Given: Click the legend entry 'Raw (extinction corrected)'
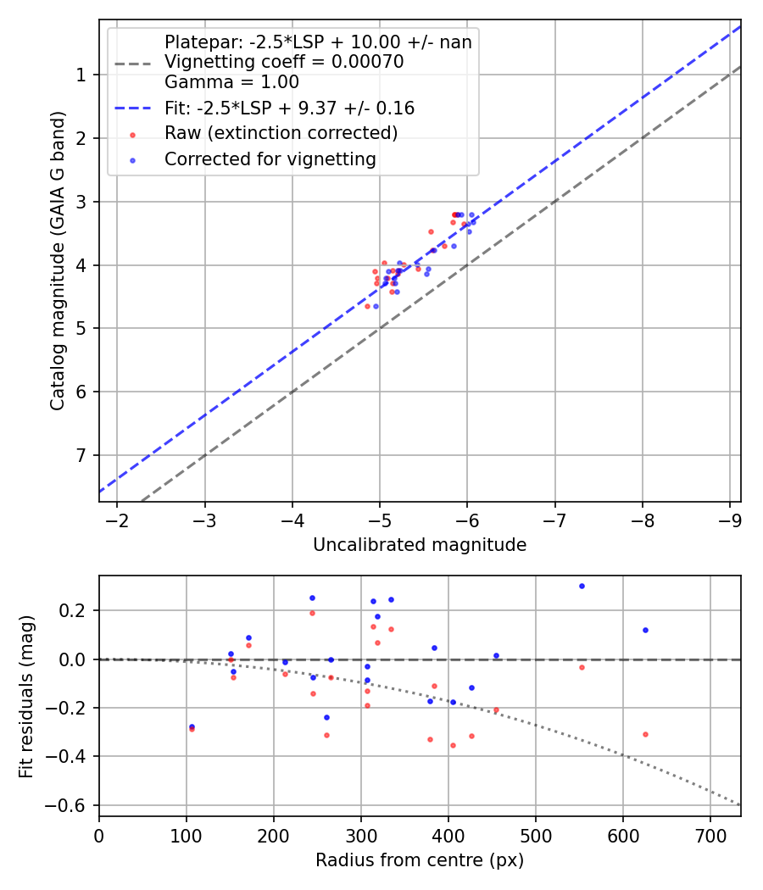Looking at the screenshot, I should coord(281,133).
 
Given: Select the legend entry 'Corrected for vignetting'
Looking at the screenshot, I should coord(270,159).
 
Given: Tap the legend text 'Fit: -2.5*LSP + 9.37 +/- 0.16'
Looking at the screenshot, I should coord(289,108).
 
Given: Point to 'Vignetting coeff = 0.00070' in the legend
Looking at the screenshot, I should coord(284,62).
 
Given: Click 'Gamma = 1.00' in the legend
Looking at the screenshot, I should coord(231,82).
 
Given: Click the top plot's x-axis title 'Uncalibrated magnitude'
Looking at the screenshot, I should coord(420,545).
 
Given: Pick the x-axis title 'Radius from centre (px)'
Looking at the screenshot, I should coord(420,860).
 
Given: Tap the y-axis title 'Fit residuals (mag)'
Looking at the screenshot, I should coord(26,696).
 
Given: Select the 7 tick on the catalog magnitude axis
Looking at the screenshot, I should coord(81,455).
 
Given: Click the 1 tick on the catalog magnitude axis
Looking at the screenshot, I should coord(81,75).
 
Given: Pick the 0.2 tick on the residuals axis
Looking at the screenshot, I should coord(75,610).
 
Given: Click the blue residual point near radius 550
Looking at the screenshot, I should coord(582,586).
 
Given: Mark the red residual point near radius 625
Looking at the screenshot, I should coord(645,734).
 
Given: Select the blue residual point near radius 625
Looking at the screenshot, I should coord(645,630).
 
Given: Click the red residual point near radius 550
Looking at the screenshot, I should coord(582,667).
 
